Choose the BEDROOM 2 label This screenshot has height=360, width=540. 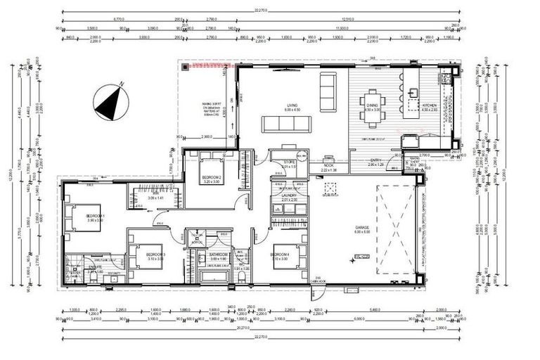(x=212, y=176)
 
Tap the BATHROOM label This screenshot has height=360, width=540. (x=217, y=254)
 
